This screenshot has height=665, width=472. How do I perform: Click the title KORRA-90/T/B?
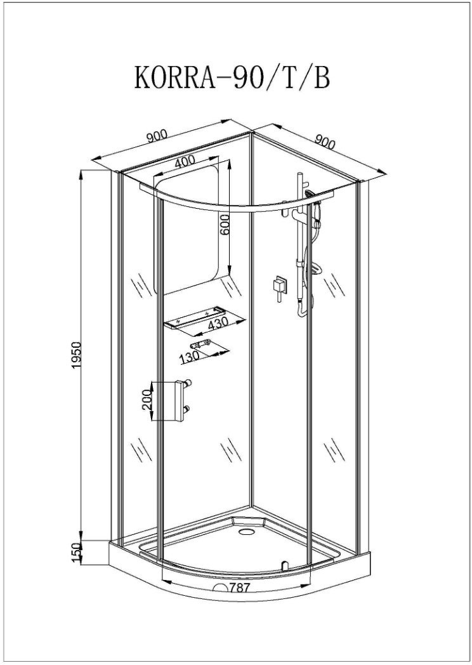[x=232, y=77]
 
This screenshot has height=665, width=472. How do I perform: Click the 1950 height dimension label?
[x=76, y=354]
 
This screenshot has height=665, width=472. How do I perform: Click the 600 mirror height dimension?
[x=225, y=225]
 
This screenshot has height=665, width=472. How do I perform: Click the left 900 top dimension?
[x=157, y=136]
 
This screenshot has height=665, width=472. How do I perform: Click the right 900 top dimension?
[x=325, y=142]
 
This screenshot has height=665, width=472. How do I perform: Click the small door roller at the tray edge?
[x=284, y=565]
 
